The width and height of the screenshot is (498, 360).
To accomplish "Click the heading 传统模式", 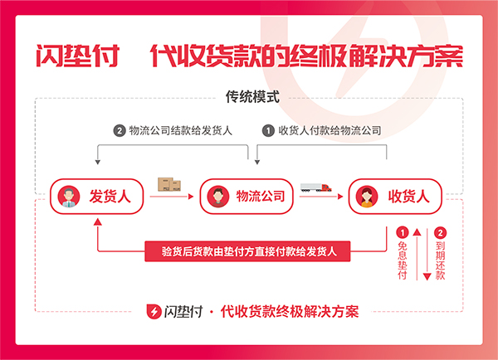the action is [252, 97].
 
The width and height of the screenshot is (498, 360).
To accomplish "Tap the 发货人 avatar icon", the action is [69, 197].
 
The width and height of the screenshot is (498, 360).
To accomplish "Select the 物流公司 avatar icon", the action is [217, 197].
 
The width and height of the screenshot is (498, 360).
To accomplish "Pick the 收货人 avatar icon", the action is [367, 197].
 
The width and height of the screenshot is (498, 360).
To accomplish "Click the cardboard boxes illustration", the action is [169, 184].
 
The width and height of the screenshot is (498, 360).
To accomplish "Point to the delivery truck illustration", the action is [316, 187].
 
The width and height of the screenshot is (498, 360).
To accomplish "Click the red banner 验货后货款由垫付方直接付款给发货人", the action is [247, 251].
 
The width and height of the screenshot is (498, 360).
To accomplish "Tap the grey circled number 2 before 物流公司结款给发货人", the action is [119, 131].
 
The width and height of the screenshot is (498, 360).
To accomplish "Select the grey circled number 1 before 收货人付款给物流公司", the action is [268, 131].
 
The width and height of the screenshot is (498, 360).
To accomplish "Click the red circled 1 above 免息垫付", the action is [403, 233].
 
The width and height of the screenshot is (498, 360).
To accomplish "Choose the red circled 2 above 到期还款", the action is [440, 233].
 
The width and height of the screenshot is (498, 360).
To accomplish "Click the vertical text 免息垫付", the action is [403, 260].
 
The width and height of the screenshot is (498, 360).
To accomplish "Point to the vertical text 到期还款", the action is [440, 260].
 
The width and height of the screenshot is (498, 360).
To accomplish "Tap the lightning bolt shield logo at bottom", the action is [154, 311].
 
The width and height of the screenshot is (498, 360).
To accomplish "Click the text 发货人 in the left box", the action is [110, 197].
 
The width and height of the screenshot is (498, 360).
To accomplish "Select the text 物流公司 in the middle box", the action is [260, 197].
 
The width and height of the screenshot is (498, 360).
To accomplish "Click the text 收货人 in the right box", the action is [408, 197].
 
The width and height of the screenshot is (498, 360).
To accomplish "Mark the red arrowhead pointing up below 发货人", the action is [98, 221].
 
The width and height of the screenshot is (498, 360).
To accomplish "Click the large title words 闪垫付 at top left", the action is [78, 56].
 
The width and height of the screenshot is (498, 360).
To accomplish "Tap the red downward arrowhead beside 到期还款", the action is [427, 277].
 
